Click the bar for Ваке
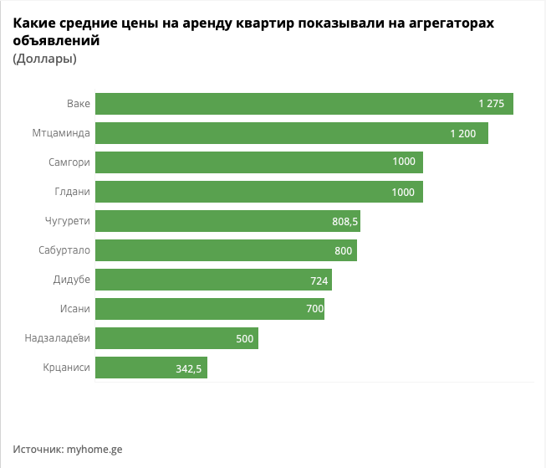click(304, 104)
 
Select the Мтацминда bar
click(291, 133)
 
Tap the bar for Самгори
click(258, 162)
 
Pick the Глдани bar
click(258, 192)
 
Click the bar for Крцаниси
click(151, 368)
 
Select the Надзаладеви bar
click(176, 338)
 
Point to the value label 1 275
click(491, 104)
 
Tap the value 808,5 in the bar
click(345, 222)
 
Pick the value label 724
click(319, 280)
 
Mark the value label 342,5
click(189, 368)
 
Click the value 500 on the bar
click(244, 338)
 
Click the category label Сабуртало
click(64, 250)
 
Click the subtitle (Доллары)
click(45, 59)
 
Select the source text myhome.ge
click(94, 449)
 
